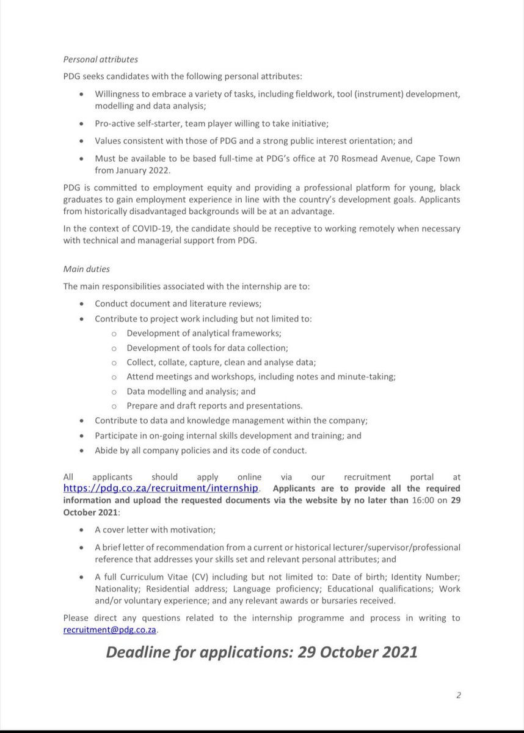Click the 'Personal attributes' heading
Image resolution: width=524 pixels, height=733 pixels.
click(100, 60)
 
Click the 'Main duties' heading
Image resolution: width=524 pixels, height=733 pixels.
click(86, 269)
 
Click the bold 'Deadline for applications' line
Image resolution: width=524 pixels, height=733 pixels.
click(261, 652)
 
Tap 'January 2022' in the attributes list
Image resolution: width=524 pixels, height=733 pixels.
click(142, 170)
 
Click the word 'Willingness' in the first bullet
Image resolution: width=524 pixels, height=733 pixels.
click(119, 95)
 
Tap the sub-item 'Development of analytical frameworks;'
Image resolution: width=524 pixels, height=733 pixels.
click(204, 333)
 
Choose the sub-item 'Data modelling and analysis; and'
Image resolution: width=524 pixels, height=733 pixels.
click(191, 391)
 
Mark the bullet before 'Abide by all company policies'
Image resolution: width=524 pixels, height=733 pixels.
click(82, 450)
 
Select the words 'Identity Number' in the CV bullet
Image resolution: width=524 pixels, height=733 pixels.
click(425, 577)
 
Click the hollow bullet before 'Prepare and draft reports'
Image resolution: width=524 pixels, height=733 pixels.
click(114, 406)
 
